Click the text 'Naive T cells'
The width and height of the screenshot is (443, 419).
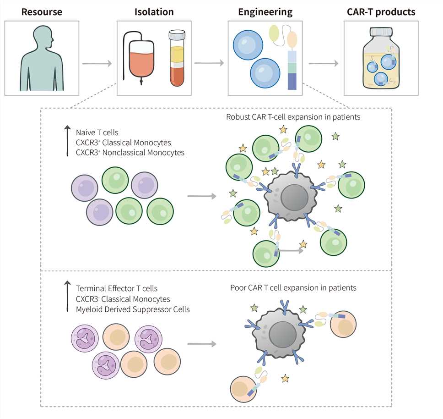pos(97,133)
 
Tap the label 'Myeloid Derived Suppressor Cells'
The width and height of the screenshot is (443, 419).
pos(133,309)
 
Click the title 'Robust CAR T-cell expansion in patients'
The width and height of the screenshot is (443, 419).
pos(293,117)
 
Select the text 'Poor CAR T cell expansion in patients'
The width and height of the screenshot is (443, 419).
pos(293,288)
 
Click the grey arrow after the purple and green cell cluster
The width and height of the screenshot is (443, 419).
pos(202,197)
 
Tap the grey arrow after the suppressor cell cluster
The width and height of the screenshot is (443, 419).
pos(202,344)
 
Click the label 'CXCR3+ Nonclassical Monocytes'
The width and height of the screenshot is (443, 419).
pos(130,153)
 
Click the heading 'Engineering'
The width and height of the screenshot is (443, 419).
pos(265,11)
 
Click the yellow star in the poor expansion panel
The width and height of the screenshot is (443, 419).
pos(285,379)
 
